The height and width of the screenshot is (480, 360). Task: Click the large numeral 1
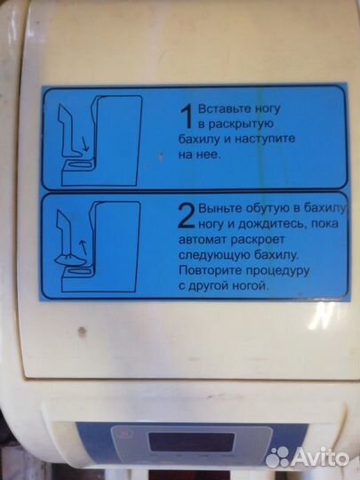tap(187, 116)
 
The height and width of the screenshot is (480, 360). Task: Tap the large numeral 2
tap(187, 216)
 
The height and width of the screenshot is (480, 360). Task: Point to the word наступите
tap(265, 140)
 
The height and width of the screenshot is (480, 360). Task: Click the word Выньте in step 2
tap(218, 209)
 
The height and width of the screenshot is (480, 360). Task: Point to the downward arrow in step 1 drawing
tap(85, 145)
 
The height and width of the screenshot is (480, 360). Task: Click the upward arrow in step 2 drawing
tap(83, 248)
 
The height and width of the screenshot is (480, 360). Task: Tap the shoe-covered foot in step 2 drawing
tap(67, 260)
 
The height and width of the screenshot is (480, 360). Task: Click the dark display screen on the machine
tap(192, 442)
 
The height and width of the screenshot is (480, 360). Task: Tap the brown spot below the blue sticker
tap(82, 332)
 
